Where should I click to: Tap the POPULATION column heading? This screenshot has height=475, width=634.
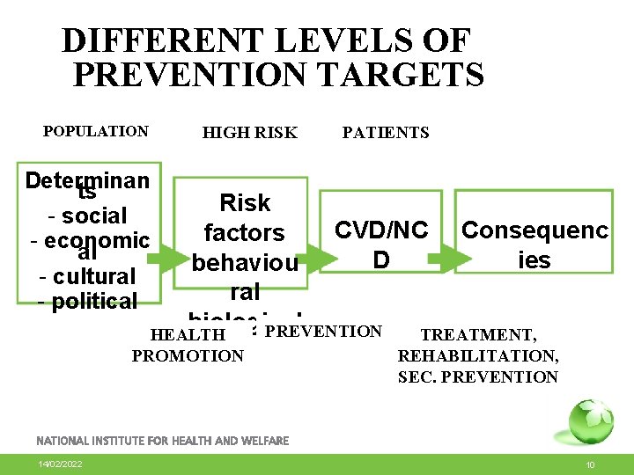(x=96, y=132)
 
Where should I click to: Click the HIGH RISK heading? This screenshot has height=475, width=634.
(x=250, y=133)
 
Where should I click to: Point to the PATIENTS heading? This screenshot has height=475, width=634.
(x=386, y=133)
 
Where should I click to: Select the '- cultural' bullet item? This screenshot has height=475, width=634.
(x=87, y=276)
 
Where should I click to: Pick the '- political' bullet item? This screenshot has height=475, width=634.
(x=87, y=303)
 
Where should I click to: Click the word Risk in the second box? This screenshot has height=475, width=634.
(x=245, y=203)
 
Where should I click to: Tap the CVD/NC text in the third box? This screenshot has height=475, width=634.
(x=380, y=230)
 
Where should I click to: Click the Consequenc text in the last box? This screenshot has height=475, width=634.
(x=534, y=230)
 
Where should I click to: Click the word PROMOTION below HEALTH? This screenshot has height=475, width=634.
(x=188, y=356)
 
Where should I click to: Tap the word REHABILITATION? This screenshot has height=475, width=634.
(x=477, y=356)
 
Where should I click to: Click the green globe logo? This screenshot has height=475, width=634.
(x=590, y=420)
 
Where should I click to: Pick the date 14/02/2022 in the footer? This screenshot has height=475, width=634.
(x=60, y=464)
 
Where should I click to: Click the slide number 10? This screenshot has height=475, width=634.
(x=591, y=464)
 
